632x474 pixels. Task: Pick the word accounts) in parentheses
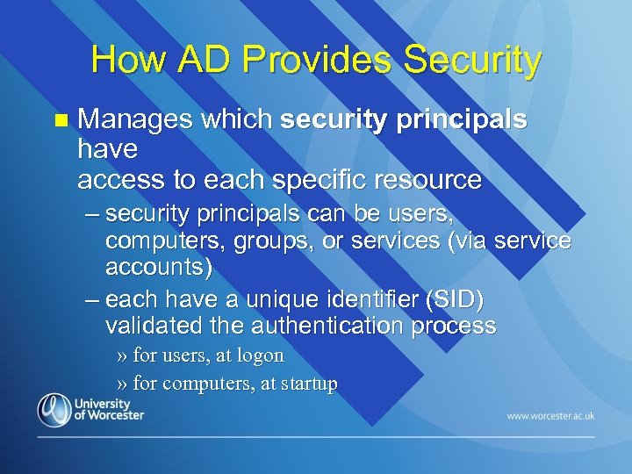(158, 265)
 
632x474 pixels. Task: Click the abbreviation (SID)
(453, 300)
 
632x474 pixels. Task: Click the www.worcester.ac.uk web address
(550, 414)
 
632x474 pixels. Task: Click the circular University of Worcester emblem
(54, 410)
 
